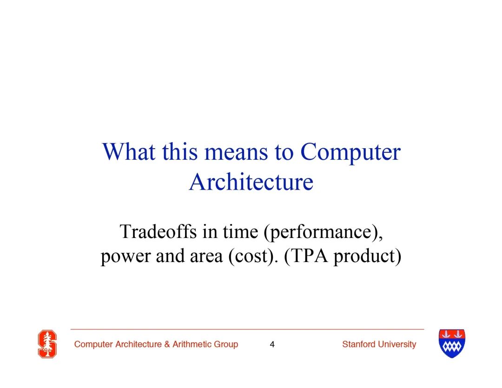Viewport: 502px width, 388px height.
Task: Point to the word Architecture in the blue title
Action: (x=251, y=182)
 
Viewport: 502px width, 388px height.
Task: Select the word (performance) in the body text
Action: (x=323, y=232)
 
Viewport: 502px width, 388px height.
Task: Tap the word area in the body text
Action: (x=206, y=256)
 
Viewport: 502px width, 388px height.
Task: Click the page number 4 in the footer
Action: (x=272, y=344)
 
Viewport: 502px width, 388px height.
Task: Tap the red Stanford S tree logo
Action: (x=47, y=344)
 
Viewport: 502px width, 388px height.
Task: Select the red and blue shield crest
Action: (x=452, y=343)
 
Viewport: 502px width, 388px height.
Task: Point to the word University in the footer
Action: (x=397, y=345)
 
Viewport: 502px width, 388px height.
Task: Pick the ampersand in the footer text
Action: (x=167, y=344)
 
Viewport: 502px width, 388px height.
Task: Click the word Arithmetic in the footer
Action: (x=192, y=344)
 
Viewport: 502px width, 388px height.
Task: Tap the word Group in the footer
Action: (x=226, y=345)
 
